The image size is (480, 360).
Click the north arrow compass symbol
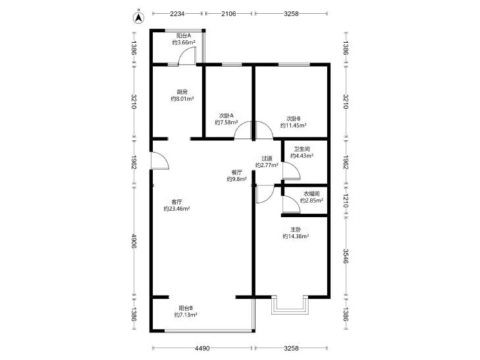(139, 17)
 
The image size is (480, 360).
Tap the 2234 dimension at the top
(178, 14)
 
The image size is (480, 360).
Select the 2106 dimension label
(228, 14)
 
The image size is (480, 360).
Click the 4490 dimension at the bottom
(202, 348)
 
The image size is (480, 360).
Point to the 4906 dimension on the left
(134, 242)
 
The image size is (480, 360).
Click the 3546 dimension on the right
(346, 256)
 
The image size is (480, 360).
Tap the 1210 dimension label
(346, 200)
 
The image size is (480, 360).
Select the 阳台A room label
(184, 36)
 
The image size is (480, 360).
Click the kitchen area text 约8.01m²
(182, 99)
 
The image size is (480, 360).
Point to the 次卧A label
(227, 116)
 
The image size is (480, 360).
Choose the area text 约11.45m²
(294, 125)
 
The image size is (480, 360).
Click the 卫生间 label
(302, 149)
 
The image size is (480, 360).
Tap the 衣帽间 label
(311, 193)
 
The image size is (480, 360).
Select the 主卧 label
(296, 230)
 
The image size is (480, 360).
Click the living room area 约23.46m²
(176, 209)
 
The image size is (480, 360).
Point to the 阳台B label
(186, 308)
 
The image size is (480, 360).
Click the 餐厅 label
(237, 172)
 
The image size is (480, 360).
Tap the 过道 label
(267, 158)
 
